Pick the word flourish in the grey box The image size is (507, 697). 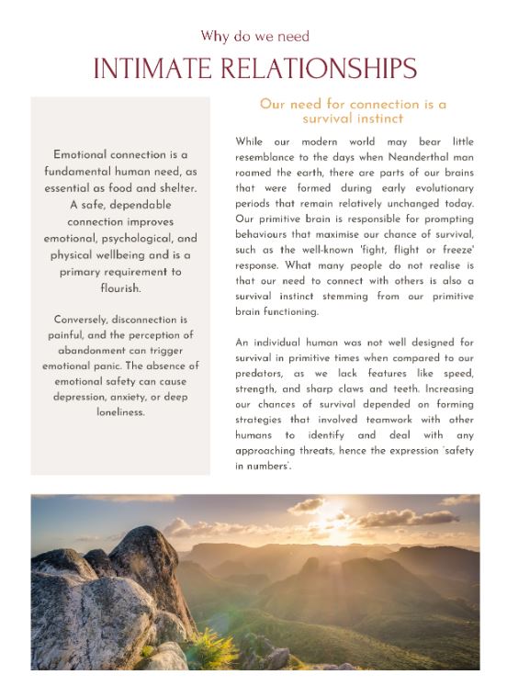point(120,287)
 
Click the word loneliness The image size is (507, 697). point(120,412)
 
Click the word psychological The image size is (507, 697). point(123,239)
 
